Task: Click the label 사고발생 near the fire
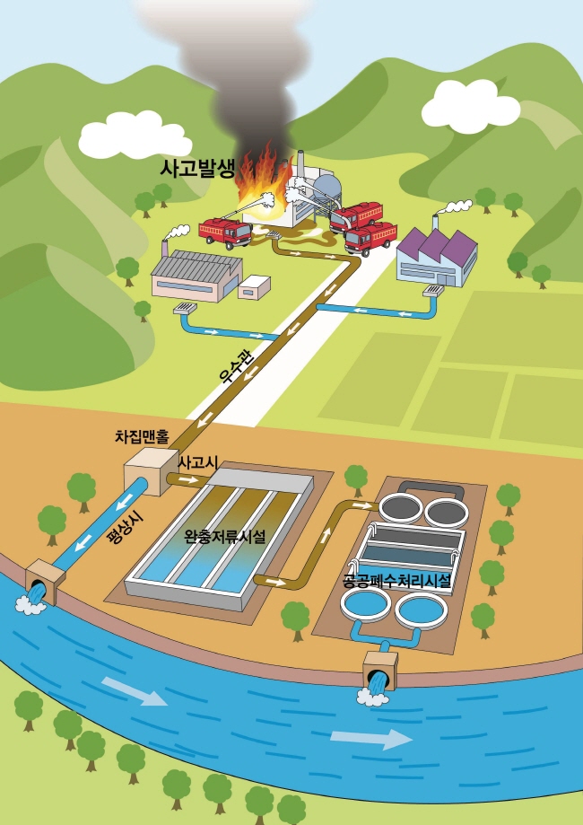(196, 169)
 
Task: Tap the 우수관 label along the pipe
(238, 367)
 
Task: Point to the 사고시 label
(199, 463)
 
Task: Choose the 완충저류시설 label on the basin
(225, 537)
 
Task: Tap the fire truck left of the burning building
(225, 233)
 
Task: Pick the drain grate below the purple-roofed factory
(434, 291)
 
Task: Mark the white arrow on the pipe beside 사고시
(190, 479)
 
